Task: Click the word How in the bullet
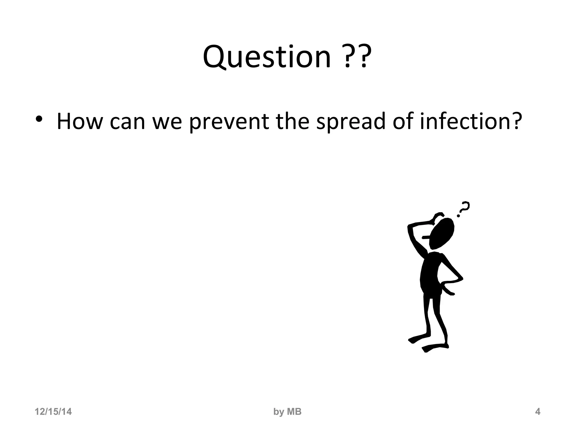(79, 121)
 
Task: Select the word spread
(351, 122)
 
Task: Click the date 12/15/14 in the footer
(53, 412)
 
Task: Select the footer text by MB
(287, 412)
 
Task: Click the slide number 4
(538, 412)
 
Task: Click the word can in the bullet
(127, 122)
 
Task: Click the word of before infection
(403, 121)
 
